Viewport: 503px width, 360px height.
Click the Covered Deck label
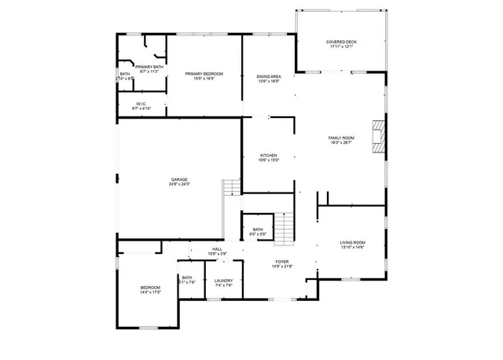click(341, 42)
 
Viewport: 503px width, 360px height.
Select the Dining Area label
click(269, 76)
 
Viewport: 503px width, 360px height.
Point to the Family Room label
click(341, 138)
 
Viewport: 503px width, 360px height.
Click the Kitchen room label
click(269, 156)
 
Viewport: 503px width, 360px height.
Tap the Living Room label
click(352, 243)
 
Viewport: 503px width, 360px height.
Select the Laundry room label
click(223, 281)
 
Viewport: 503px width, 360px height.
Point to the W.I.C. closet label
click(141, 104)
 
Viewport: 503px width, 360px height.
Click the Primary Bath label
click(149, 67)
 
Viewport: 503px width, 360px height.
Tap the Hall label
click(217, 249)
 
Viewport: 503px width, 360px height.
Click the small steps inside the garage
click(231, 188)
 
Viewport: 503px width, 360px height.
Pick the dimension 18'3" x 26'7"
click(341, 143)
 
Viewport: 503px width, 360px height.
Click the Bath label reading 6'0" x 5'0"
click(259, 234)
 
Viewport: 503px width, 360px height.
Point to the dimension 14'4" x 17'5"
click(151, 293)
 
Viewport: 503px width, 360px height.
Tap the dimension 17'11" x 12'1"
click(341, 46)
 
